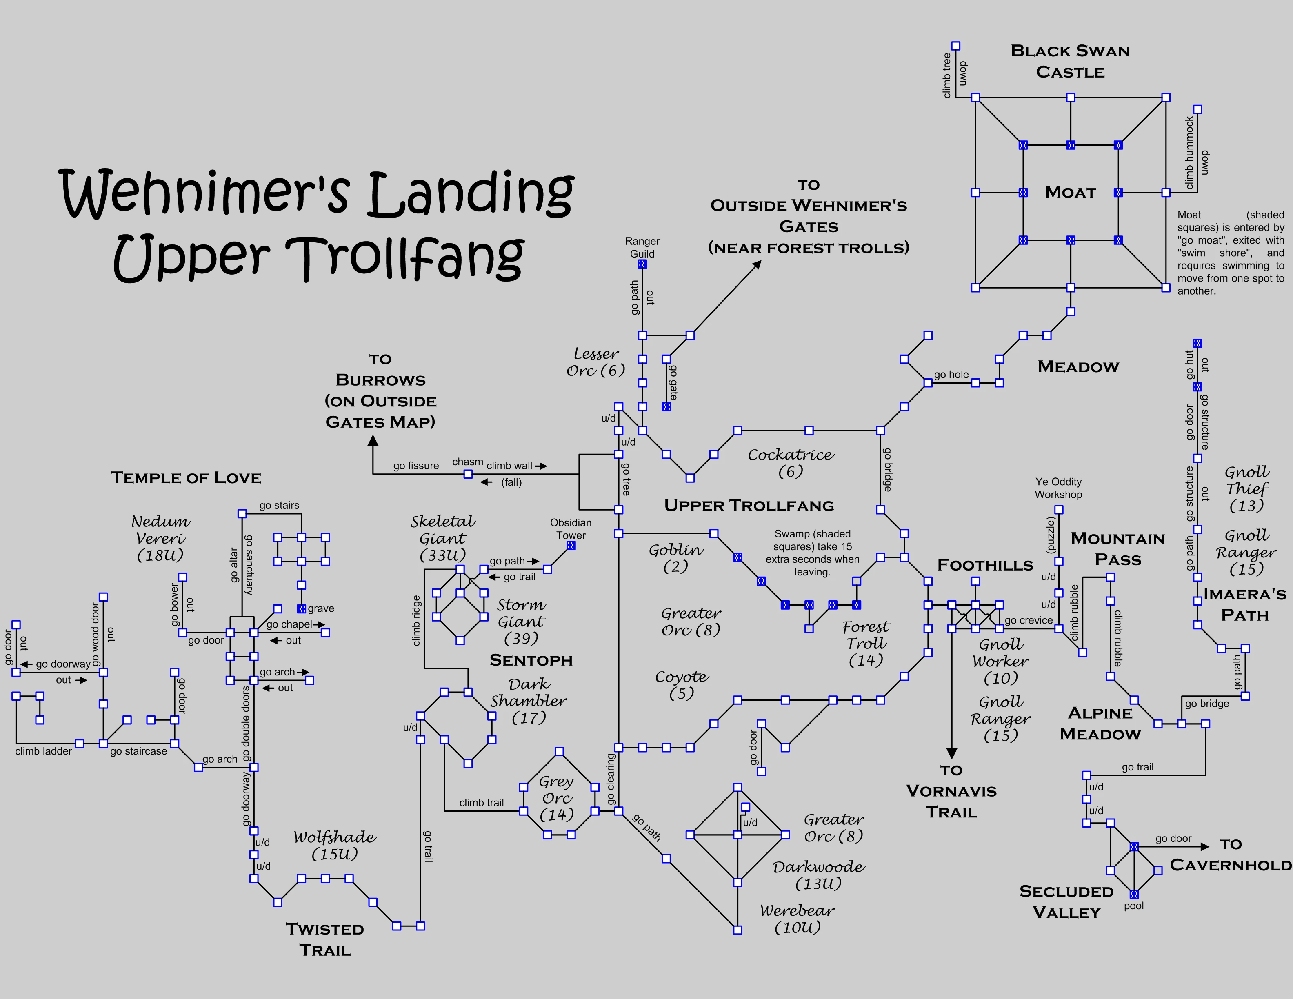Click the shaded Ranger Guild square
pos(642,264)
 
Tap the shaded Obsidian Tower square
pos(571,546)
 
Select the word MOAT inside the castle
pos(1071,192)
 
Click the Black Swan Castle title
pos(1071,62)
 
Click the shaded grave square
pos(301,609)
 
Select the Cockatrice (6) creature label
pos(790,463)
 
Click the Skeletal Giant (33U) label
pos(443,538)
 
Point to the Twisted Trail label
pos(325,939)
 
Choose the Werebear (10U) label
pos(798,919)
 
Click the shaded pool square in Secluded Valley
pos(1134,894)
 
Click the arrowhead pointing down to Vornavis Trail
pos(951,753)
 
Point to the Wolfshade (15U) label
pos(335,845)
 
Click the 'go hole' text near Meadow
pos(951,375)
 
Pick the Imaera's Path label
pos(1244,605)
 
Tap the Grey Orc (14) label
pos(557,798)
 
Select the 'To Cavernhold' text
pos(1230,855)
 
